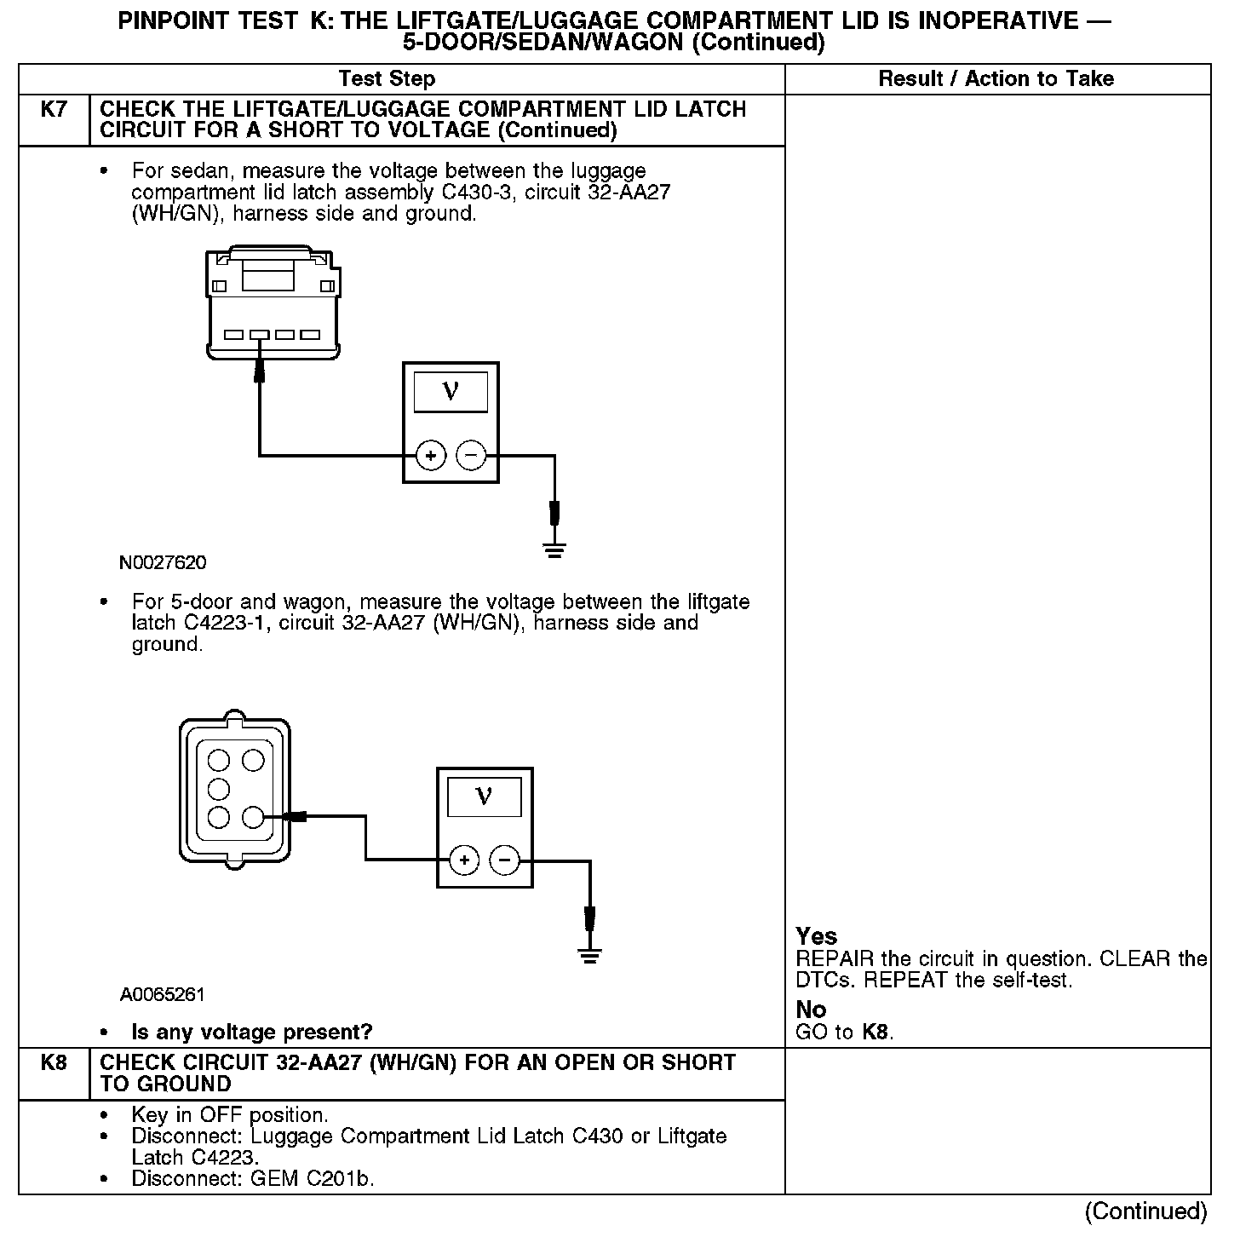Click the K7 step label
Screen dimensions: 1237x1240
pyautogui.click(x=53, y=110)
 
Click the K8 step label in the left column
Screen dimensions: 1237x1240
pyautogui.click(x=53, y=1063)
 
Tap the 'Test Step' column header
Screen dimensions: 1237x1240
pyautogui.click(x=387, y=79)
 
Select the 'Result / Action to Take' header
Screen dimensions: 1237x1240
pyautogui.click(x=996, y=79)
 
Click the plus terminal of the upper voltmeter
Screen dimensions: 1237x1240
pyautogui.click(x=431, y=456)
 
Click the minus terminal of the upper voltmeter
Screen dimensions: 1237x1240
pyautogui.click(x=471, y=456)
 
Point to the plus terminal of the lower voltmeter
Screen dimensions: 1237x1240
pyautogui.click(x=464, y=860)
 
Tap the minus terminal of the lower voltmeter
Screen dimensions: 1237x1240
pyautogui.click(x=505, y=860)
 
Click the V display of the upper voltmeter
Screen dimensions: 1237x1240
pyautogui.click(x=451, y=392)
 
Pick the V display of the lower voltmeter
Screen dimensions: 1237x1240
pyautogui.click(x=485, y=797)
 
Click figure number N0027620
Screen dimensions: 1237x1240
pyautogui.click(x=163, y=563)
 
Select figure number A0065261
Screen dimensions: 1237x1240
pyautogui.click(x=163, y=995)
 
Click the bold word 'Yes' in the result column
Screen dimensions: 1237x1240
pyautogui.click(x=817, y=936)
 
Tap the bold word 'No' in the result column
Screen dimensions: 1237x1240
pyautogui.click(x=811, y=1010)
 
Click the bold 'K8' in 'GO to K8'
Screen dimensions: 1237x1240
pyautogui.click(x=875, y=1033)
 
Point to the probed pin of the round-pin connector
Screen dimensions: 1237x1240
pyautogui.click(x=253, y=818)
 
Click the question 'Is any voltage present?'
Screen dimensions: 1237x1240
pyautogui.click(x=252, y=1033)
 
